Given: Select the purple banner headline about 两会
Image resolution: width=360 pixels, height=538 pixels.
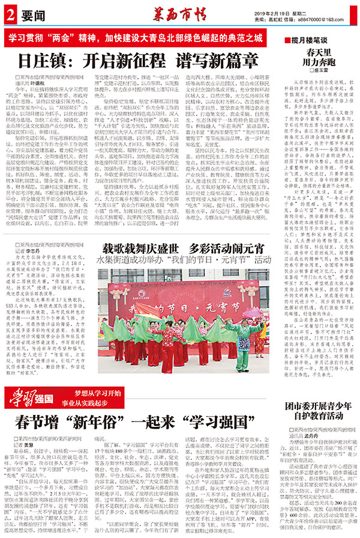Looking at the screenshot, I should coord(136,37).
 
